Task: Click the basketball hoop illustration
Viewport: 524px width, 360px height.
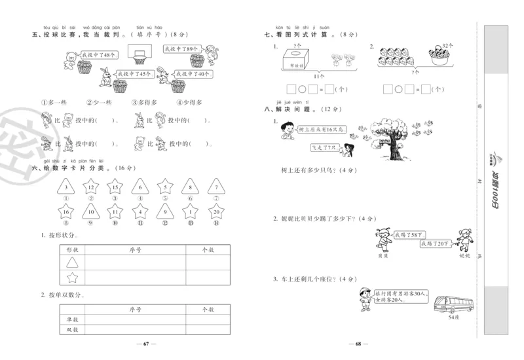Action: coord(138,53)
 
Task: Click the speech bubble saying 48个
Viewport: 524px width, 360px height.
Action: coord(99,55)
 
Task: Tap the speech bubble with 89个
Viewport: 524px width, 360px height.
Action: coord(181,49)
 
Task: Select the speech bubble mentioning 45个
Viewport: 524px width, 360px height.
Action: coord(135,74)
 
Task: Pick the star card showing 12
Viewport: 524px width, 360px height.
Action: coord(90,188)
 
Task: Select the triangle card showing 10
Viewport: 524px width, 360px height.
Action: coord(90,212)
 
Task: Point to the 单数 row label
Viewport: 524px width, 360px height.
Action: coord(64,319)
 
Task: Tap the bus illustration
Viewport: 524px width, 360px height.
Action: coord(452,304)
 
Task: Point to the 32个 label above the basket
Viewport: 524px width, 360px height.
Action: coord(447,45)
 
